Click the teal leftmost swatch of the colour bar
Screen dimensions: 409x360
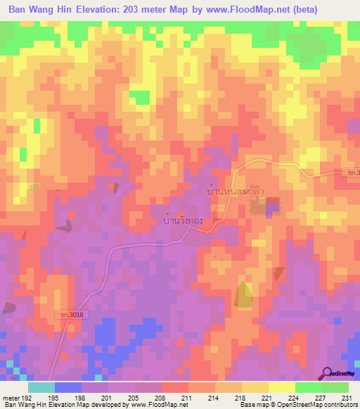point(41,387)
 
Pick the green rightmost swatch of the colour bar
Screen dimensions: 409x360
point(335,387)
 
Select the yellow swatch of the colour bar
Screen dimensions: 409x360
point(281,387)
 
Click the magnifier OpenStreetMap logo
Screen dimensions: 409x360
point(328,373)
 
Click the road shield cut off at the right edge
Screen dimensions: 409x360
point(354,172)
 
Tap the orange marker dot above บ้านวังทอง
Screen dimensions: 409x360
point(181,214)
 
